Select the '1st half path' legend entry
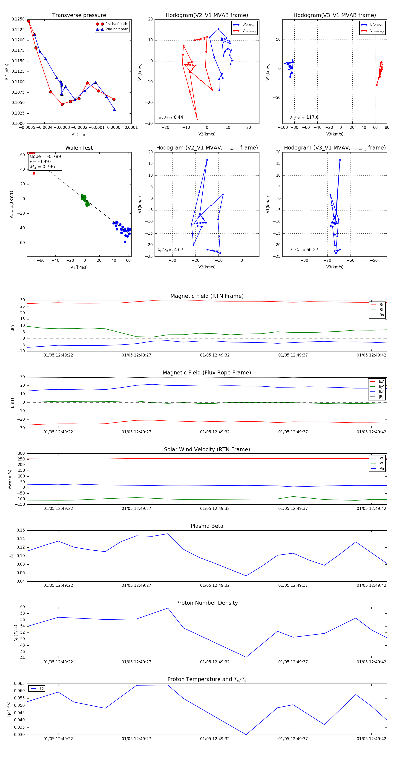(x=116, y=24)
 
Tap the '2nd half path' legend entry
(x=117, y=29)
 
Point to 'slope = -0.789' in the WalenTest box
(x=45, y=156)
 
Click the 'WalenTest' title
(x=79, y=148)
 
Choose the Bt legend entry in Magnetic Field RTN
(x=381, y=310)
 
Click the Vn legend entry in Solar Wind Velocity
(x=381, y=469)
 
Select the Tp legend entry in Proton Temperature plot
(x=41, y=689)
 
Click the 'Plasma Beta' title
(x=207, y=526)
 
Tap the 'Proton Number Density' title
(x=207, y=603)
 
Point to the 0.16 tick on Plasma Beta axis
(x=21, y=530)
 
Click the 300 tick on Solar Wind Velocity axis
(x=21, y=454)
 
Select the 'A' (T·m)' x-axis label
(x=79, y=134)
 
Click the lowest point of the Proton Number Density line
(x=246, y=657)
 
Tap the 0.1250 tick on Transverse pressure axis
(x=18, y=19)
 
